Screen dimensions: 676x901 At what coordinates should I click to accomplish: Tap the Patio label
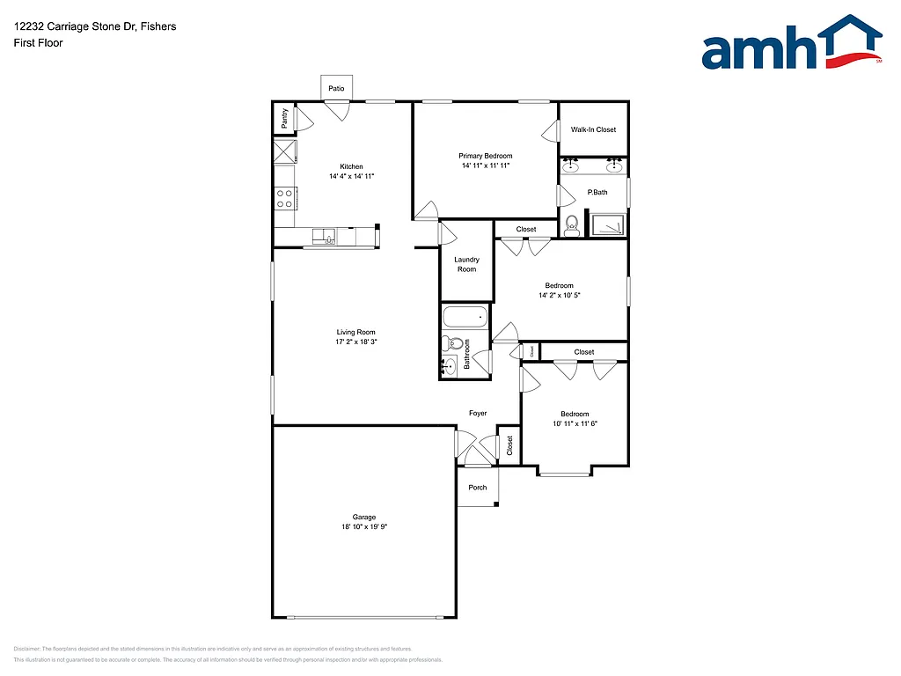click(336, 89)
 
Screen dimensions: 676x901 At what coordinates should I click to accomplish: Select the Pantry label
click(284, 119)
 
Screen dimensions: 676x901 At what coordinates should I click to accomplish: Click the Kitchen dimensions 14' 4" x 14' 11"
click(351, 176)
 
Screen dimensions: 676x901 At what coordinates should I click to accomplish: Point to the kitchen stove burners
click(285, 199)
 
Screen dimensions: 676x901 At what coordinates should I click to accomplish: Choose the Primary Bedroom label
click(485, 156)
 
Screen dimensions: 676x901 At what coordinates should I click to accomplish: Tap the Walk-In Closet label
click(593, 129)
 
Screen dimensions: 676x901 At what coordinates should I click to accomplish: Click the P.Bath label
click(597, 192)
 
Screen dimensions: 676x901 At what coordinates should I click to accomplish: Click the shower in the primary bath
click(608, 224)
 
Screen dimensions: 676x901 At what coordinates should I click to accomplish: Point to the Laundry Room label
click(466, 264)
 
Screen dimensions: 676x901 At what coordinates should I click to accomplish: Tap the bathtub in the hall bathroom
click(465, 316)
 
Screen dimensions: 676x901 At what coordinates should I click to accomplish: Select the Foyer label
click(478, 413)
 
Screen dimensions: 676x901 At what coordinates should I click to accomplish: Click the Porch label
click(477, 488)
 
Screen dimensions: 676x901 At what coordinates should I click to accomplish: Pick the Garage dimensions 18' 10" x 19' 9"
click(364, 526)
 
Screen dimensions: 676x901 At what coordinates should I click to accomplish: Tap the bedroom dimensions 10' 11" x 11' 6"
click(575, 423)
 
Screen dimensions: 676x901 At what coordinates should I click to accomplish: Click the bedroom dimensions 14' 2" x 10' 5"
click(559, 296)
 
